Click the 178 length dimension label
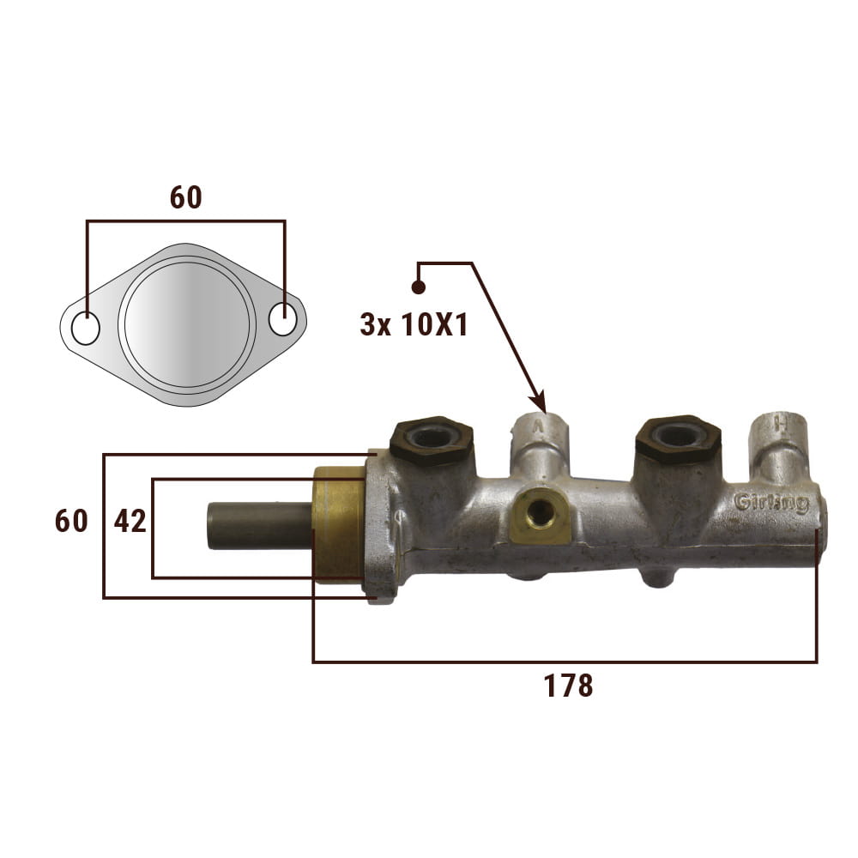pos(568,686)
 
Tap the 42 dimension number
pos(130,521)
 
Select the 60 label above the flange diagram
pos(186,197)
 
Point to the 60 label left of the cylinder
pos(71,521)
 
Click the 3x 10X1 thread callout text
pos(414,325)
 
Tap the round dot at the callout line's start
pos(418,287)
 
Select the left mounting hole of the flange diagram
pos(85,329)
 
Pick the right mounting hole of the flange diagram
pos(283,318)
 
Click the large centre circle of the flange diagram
pos(186,324)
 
